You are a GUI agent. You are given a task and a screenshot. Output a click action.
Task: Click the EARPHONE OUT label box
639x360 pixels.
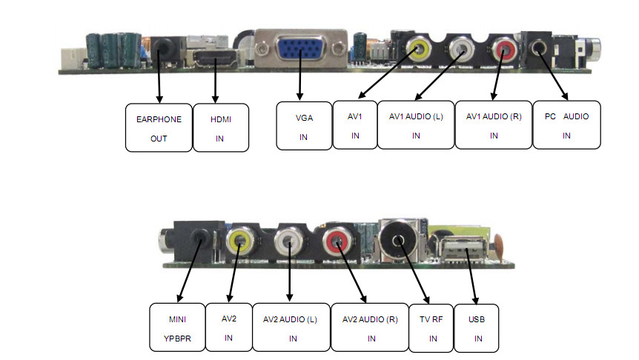click(159, 127)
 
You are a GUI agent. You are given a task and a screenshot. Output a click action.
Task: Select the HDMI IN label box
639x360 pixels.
click(219, 127)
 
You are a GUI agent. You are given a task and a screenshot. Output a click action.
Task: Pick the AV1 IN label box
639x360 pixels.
click(355, 124)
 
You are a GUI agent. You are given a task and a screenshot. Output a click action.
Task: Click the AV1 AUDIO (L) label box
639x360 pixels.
click(416, 125)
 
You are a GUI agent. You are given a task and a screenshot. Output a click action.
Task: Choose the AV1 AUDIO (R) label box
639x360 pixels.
click(494, 125)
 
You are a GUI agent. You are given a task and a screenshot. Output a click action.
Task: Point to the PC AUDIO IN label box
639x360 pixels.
click(566, 125)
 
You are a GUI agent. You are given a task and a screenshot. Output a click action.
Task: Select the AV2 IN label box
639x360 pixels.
click(228, 327)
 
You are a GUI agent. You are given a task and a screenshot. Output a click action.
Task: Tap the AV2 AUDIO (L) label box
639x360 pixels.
click(291, 327)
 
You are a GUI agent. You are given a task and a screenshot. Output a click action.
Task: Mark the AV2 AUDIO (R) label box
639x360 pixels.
click(369, 327)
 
